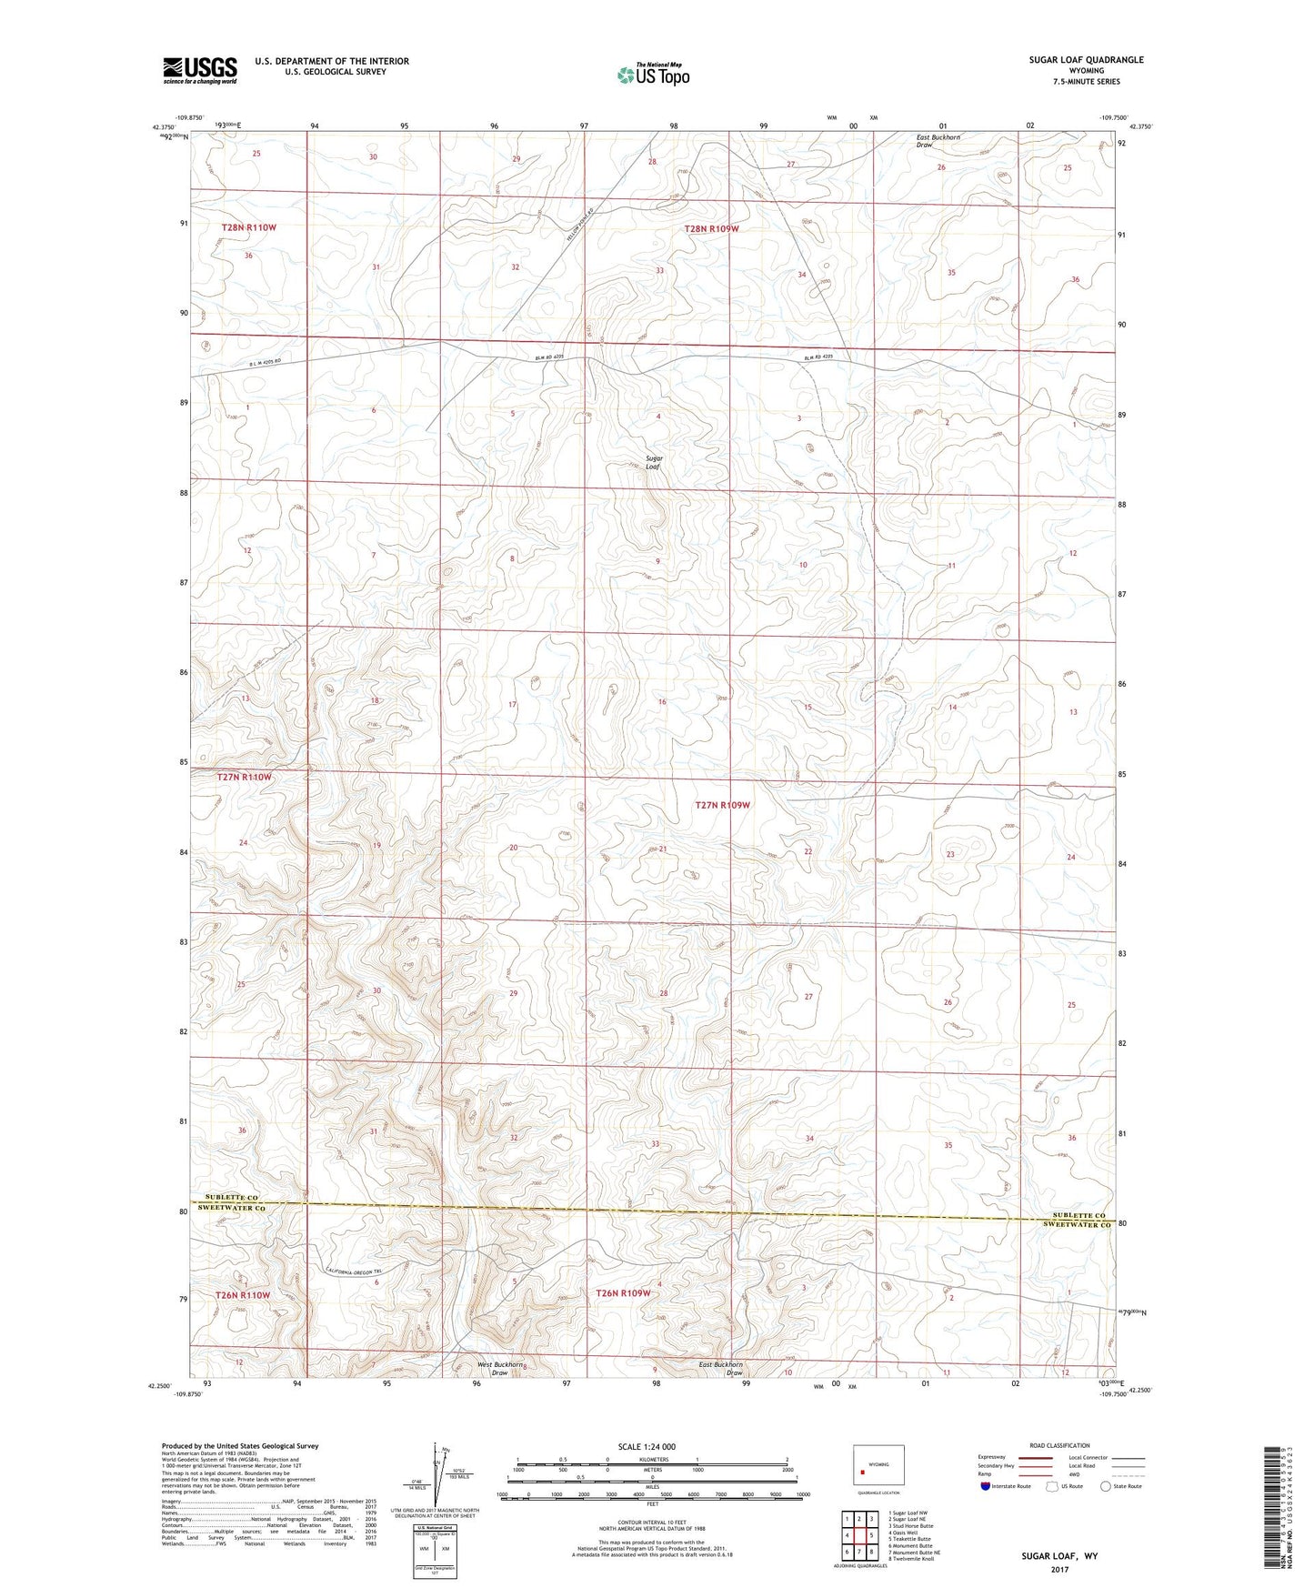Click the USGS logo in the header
click(200, 70)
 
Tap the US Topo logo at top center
click(652, 75)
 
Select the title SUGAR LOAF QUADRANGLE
click(1086, 60)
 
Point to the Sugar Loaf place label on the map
click(654, 462)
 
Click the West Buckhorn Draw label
click(500, 1368)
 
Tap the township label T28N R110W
click(248, 227)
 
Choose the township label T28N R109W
click(711, 229)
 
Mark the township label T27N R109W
click(723, 805)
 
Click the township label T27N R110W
click(245, 778)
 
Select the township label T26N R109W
click(623, 1293)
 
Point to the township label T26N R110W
click(243, 1294)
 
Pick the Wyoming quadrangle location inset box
click(878, 1467)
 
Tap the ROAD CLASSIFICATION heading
click(1059, 1445)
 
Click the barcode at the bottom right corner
click(1275, 1506)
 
